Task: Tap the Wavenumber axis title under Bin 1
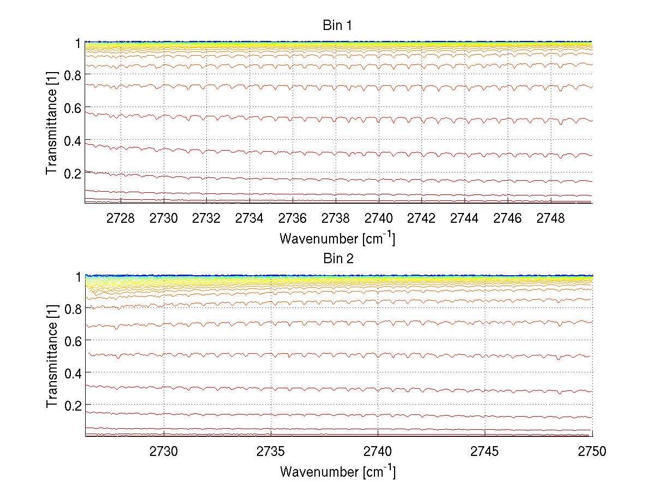[337, 238]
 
